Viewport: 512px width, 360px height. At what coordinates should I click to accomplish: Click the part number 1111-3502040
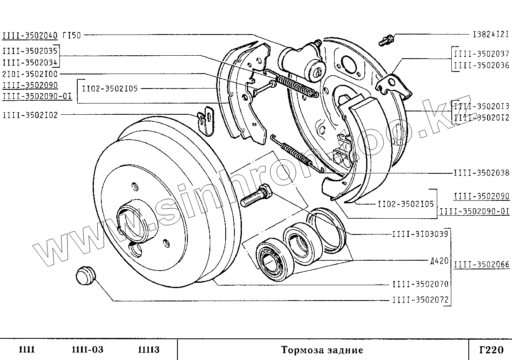click(x=30, y=36)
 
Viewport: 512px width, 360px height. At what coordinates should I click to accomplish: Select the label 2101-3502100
click(x=30, y=74)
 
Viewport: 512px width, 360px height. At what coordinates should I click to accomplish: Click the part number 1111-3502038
click(x=481, y=173)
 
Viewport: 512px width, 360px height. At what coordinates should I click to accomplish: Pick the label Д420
click(x=440, y=261)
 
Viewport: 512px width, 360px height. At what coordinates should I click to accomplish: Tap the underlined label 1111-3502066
click(x=481, y=264)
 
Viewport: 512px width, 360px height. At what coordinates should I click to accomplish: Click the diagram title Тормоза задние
click(x=322, y=350)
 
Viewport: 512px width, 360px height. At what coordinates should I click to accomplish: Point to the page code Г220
click(x=491, y=350)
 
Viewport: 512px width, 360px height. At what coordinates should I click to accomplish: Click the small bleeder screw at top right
click(x=387, y=40)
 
